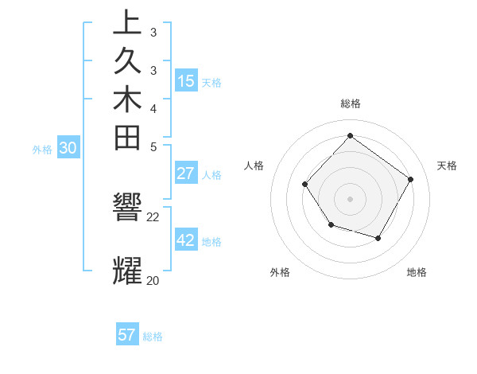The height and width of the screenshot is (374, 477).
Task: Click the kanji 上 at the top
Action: [127, 22]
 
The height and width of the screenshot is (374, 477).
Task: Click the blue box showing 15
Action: [186, 81]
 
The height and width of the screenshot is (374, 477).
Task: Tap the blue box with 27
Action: [186, 174]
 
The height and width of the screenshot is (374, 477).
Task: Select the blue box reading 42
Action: [186, 240]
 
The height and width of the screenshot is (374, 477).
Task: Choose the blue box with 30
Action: [68, 148]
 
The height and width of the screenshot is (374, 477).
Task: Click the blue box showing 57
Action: [127, 335]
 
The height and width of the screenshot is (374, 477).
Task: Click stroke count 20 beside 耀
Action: [153, 280]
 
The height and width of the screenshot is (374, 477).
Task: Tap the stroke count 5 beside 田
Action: [153, 146]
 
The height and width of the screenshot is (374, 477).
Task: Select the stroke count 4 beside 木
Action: [153, 107]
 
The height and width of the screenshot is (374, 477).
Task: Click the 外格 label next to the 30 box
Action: [42, 149]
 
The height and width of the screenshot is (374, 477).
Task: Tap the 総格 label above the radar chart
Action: [350, 103]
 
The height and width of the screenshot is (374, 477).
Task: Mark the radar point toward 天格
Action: [411, 179]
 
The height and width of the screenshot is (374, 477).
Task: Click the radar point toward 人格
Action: [305, 185]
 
